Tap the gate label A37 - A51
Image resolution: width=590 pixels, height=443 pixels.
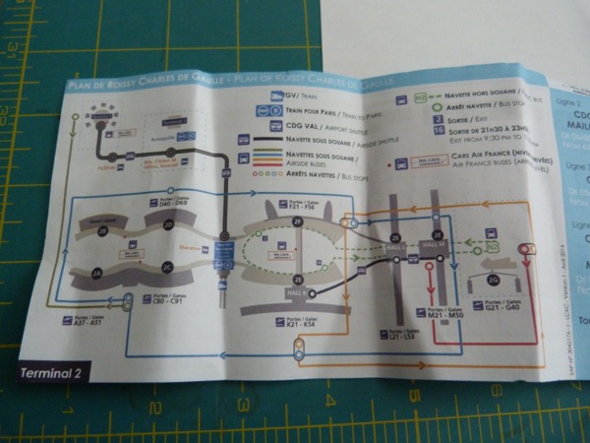tap(83, 320)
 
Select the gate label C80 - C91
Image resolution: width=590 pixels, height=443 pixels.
tap(162, 299)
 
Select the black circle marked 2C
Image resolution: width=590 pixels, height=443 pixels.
tap(167, 265)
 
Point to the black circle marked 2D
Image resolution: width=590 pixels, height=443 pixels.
tap(168, 224)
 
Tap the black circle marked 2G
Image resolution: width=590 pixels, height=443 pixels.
tap(492, 281)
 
